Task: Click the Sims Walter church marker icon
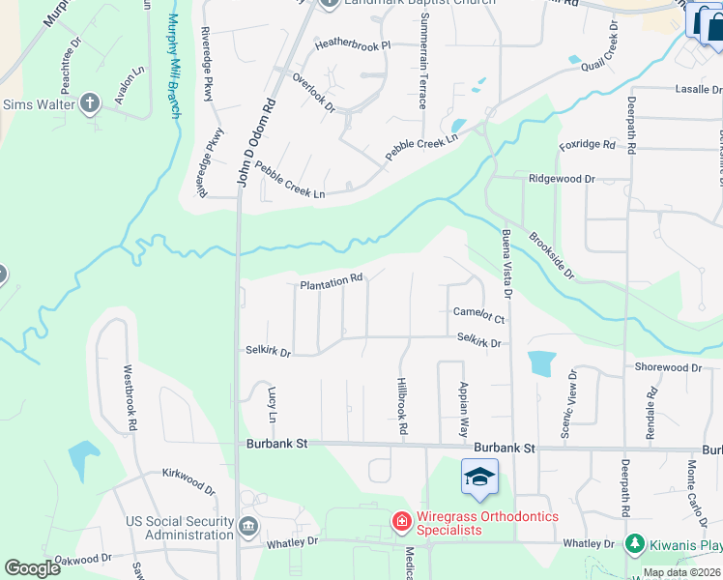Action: point(90,102)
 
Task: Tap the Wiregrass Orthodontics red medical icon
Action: point(401,523)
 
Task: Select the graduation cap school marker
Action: point(478,478)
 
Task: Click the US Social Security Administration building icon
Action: point(248,528)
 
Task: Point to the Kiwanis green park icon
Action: point(634,544)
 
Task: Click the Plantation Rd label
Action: point(332,282)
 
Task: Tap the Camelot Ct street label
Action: point(478,314)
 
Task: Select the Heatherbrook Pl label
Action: point(352,44)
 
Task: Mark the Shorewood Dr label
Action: point(668,367)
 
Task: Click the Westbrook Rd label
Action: point(130,397)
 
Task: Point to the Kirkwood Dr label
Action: point(188,478)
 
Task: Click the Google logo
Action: point(32,568)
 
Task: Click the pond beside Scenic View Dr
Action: point(541,362)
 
